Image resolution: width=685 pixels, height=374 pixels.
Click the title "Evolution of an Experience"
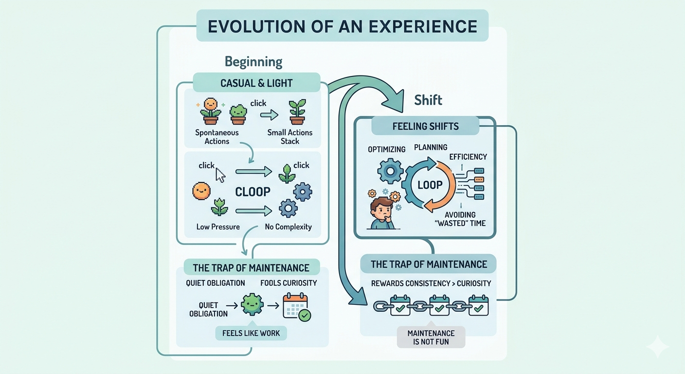point(342,26)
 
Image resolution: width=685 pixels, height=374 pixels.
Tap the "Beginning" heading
point(253,62)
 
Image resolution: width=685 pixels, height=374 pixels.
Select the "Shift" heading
point(428,100)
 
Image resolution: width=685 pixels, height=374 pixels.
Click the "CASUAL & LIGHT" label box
point(256,83)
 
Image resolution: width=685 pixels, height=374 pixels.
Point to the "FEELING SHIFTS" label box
point(425,127)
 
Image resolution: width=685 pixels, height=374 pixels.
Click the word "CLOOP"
point(252,191)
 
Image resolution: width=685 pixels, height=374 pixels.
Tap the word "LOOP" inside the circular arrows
point(430,185)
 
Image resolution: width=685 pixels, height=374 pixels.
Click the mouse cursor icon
point(220,175)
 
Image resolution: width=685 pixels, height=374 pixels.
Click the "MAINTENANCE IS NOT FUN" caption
point(431,337)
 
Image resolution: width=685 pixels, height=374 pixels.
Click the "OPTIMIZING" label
point(387,150)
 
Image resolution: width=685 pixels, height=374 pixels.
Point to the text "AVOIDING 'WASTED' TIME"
point(463,219)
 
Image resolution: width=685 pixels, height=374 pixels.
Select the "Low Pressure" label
point(218,226)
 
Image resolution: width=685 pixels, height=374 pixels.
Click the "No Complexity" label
point(288,226)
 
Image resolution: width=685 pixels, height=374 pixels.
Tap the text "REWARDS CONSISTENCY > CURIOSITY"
point(431,283)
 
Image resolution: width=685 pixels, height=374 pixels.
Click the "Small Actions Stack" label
point(290,137)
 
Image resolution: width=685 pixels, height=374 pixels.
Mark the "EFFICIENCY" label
point(468,157)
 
